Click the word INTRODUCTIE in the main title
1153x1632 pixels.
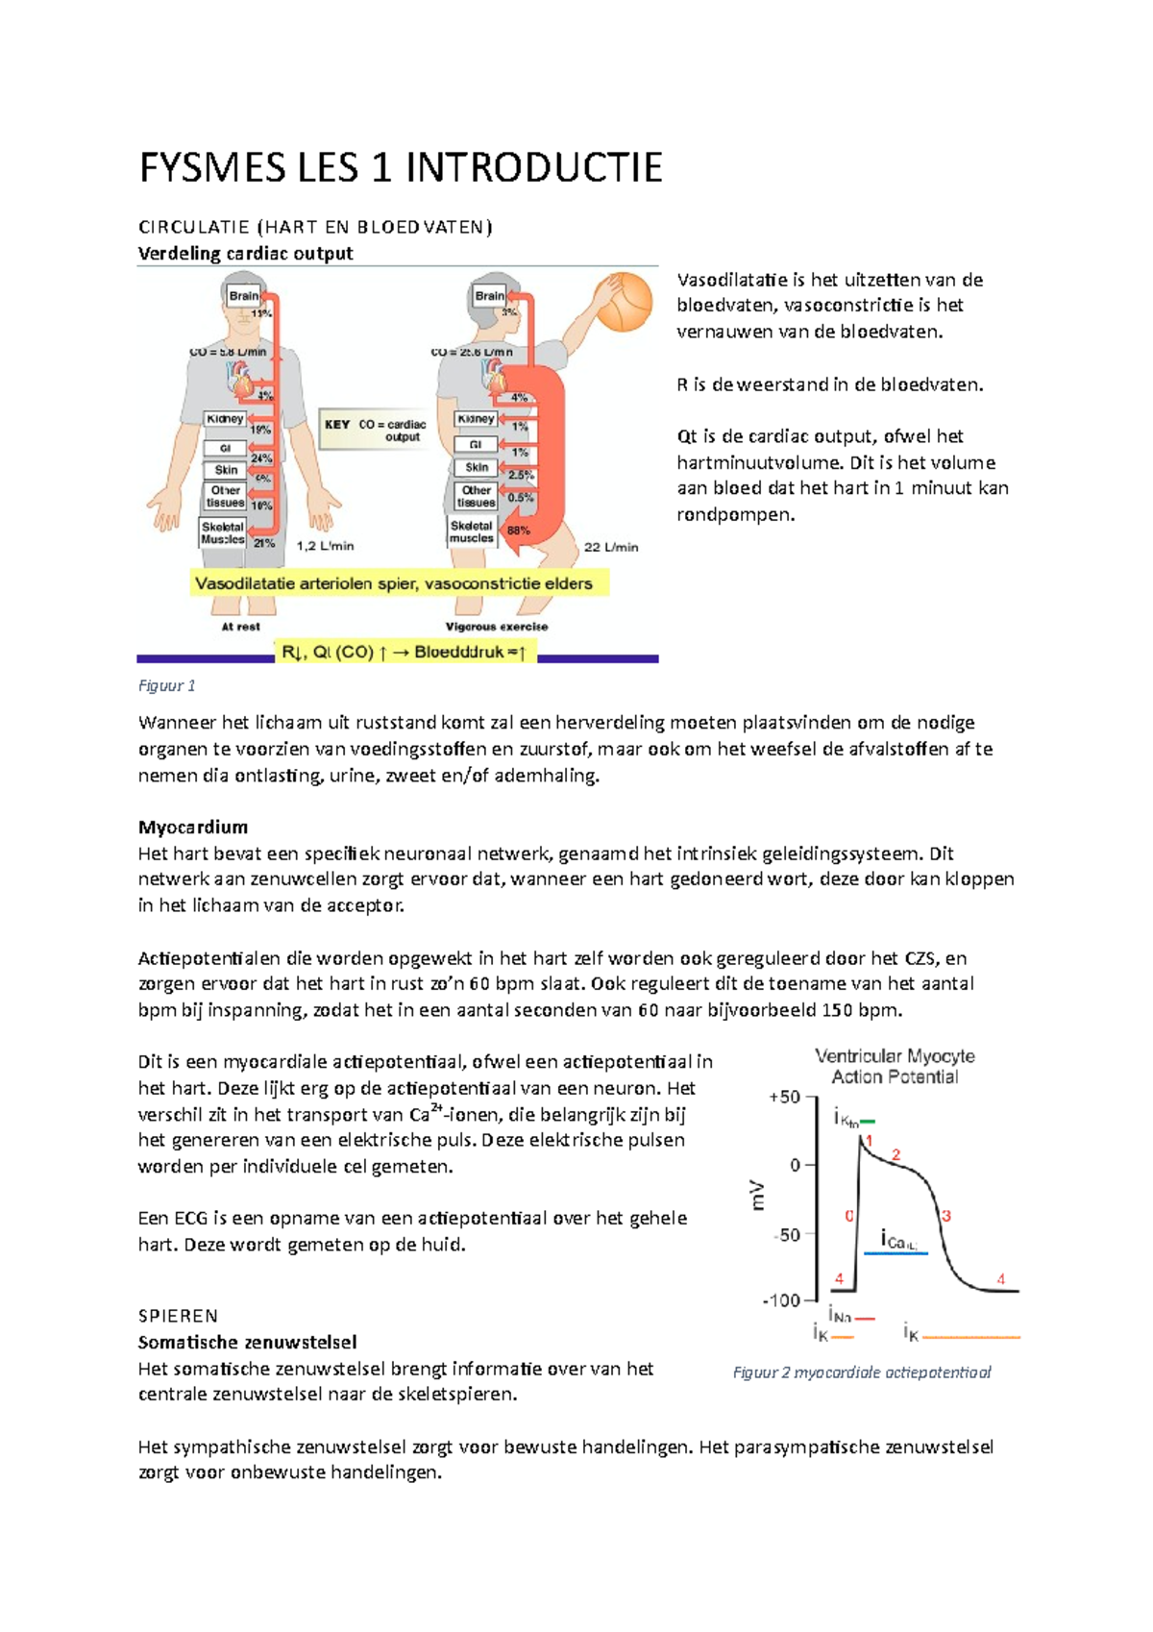(533, 168)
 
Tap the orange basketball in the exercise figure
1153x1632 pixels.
(624, 302)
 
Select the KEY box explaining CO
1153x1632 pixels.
(376, 430)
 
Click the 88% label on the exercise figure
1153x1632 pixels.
(519, 531)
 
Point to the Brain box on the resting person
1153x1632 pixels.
(243, 296)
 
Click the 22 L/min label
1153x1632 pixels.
(611, 547)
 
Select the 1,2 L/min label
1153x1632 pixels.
(325, 546)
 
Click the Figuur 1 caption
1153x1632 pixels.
(166, 685)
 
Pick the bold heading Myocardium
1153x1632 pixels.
(193, 827)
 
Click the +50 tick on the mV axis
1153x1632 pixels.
(784, 1097)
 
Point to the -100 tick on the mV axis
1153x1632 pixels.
(780, 1300)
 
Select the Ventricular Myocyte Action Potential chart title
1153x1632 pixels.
(895, 1066)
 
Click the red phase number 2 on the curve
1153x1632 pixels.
(895, 1154)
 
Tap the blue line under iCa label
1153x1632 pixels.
(895, 1253)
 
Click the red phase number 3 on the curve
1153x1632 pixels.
(946, 1216)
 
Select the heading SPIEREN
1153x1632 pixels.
(178, 1316)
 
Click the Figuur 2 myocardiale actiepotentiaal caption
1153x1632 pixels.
(862, 1372)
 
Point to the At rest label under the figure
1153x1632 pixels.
(240, 627)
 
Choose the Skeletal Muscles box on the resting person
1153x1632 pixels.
(223, 532)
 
